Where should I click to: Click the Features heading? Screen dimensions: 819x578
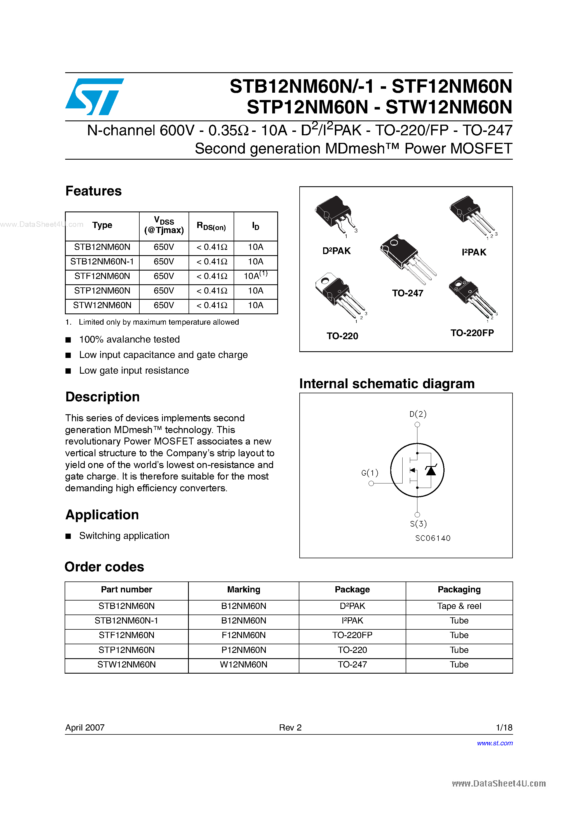[x=93, y=191]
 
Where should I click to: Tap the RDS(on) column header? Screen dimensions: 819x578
[x=211, y=226]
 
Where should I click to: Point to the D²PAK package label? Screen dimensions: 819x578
[x=336, y=251]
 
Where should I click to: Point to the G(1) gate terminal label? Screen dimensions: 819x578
[x=370, y=473]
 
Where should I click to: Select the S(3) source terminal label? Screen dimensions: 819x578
[x=418, y=524]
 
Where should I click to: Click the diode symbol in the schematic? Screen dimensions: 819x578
[x=431, y=471]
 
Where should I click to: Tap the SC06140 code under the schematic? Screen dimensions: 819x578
[x=433, y=538]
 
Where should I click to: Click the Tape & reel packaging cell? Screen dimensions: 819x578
[x=459, y=606]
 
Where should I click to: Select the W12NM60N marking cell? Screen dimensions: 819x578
[x=243, y=665]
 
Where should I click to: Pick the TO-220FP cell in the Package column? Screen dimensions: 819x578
[x=352, y=635]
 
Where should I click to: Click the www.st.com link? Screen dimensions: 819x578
[x=495, y=743]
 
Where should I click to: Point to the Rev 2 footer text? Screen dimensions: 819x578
[x=290, y=727]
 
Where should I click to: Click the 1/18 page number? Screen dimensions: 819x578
[x=504, y=727]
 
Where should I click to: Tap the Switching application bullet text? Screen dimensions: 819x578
[x=124, y=536]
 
